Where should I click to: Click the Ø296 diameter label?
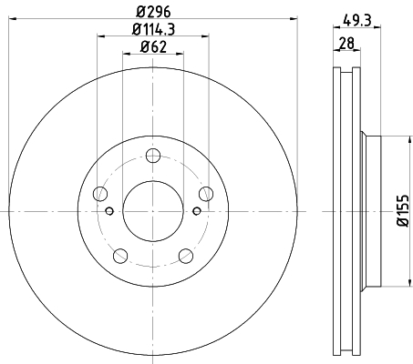(x=153, y=12)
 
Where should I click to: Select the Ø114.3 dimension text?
(x=153, y=29)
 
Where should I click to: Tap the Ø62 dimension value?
(x=153, y=47)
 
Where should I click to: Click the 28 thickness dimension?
(x=346, y=43)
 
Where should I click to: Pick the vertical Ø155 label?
(x=403, y=210)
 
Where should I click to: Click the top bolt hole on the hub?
(x=153, y=156)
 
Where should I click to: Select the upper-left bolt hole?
(x=100, y=194)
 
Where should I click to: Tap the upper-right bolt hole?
(x=206, y=194)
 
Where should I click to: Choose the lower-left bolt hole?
(x=120, y=256)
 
